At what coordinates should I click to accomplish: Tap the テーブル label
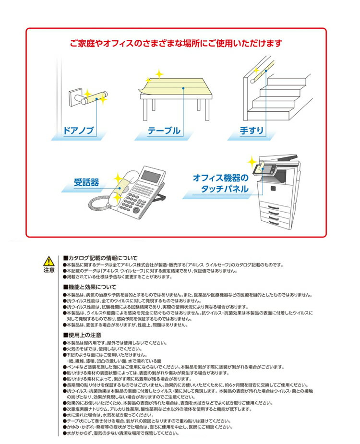pyautogui.click(x=164, y=131)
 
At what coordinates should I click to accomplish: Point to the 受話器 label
pyautogui.click(x=86, y=182)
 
